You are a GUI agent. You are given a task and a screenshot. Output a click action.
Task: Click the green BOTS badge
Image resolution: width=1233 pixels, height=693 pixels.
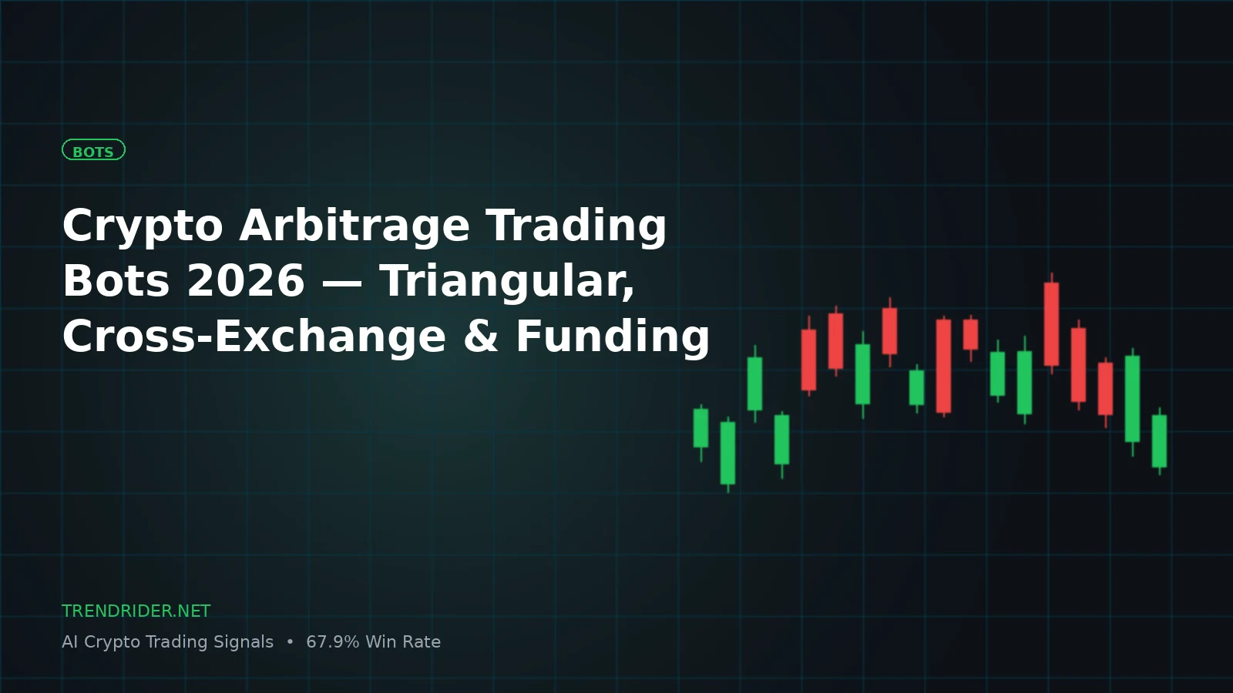93,150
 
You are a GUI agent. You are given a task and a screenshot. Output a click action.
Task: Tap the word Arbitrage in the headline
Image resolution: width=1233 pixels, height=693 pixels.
354,226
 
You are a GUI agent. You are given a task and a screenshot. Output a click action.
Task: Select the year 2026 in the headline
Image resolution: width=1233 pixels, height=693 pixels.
246,281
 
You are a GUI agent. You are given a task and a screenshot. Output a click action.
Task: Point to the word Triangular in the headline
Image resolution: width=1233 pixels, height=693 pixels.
507,283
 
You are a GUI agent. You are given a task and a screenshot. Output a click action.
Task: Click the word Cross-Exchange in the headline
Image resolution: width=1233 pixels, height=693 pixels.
254,336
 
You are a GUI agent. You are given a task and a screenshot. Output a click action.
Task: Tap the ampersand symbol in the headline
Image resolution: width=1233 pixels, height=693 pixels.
481,336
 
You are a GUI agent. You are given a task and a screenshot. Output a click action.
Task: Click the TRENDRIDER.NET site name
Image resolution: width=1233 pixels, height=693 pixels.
136,611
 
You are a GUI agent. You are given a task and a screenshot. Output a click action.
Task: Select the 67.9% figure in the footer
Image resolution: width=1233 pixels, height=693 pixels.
332,642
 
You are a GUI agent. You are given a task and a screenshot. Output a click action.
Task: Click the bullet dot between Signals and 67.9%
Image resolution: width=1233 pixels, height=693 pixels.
290,642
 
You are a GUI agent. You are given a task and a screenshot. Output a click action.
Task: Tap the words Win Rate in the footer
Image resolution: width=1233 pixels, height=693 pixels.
403,642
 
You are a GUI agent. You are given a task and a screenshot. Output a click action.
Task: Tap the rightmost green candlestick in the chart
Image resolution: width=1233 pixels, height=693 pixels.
1159,441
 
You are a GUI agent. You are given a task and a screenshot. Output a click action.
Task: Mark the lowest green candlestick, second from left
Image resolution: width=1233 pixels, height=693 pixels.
727,454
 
